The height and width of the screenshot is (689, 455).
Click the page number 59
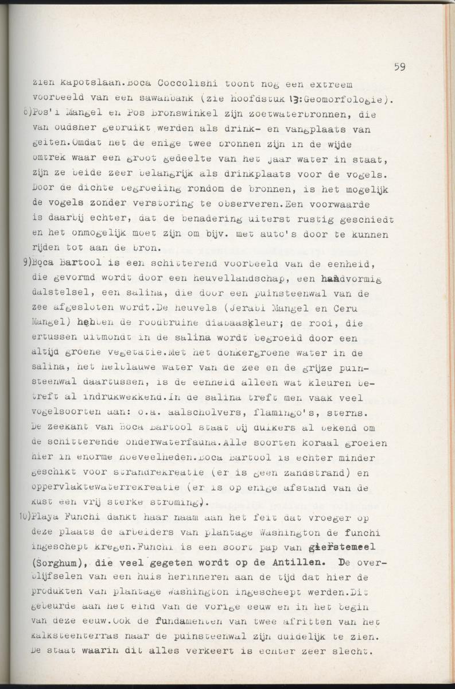coord(399,67)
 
